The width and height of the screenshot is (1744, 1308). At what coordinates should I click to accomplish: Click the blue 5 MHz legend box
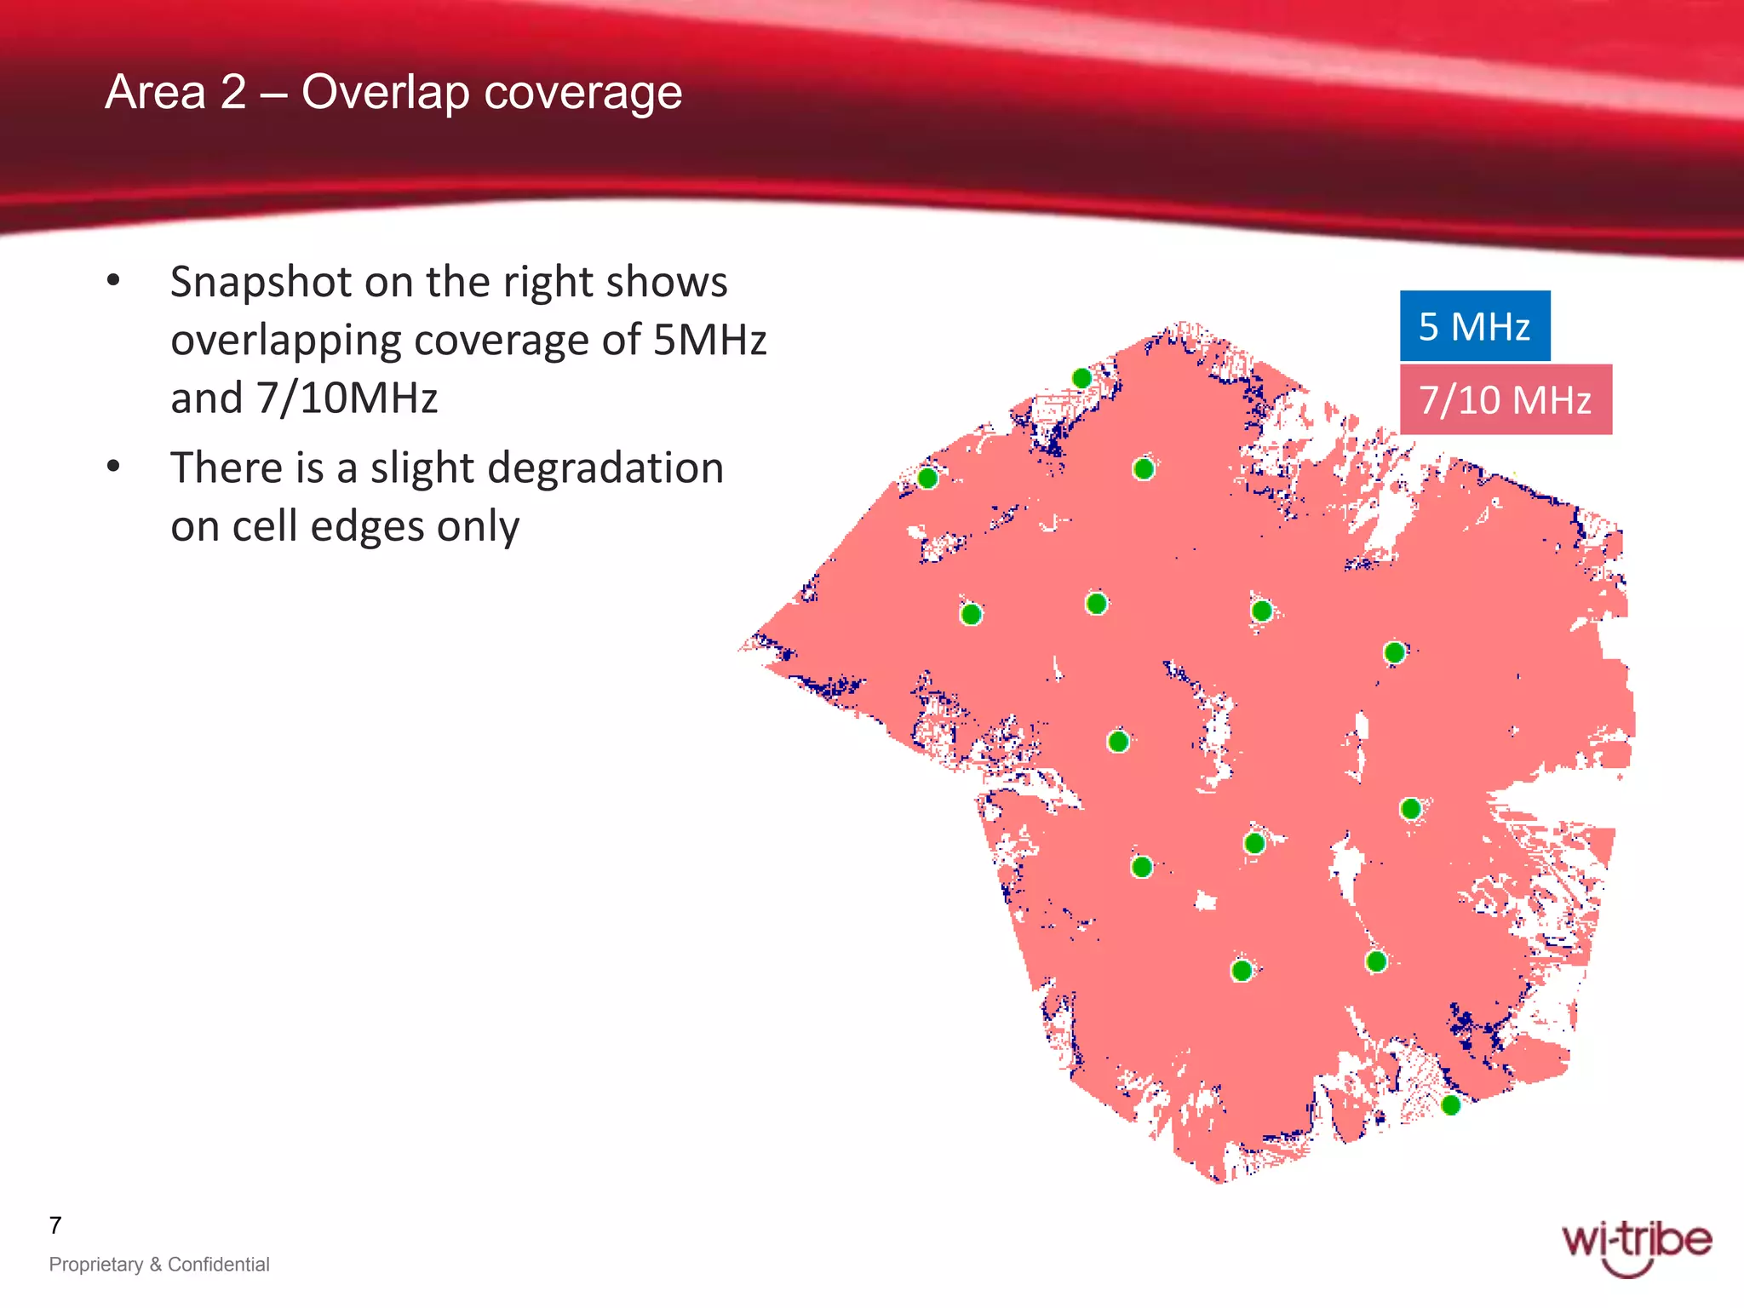(x=1474, y=326)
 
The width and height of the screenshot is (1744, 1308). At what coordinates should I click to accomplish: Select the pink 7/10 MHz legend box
(x=1505, y=399)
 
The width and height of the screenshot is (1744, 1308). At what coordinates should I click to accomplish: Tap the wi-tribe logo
(x=1636, y=1246)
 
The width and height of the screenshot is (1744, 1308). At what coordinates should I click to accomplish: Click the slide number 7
(x=55, y=1225)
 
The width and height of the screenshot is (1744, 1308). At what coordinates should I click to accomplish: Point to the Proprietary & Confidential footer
(x=159, y=1264)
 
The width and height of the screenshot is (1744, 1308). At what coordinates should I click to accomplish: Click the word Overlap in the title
(x=384, y=92)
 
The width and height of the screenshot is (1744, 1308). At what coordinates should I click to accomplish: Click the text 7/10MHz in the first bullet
(x=347, y=398)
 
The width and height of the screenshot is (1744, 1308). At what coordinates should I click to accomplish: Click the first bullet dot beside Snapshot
(x=113, y=281)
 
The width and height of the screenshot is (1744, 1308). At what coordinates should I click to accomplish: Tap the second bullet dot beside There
(x=113, y=467)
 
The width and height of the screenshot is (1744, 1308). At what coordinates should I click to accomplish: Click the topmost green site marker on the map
(x=1081, y=378)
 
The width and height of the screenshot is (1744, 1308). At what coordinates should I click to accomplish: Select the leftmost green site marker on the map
(x=927, y=479)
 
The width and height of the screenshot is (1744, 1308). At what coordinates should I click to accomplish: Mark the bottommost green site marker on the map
(x=1450, y=1105)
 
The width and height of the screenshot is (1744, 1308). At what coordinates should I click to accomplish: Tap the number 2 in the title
(x=232, y=92)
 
